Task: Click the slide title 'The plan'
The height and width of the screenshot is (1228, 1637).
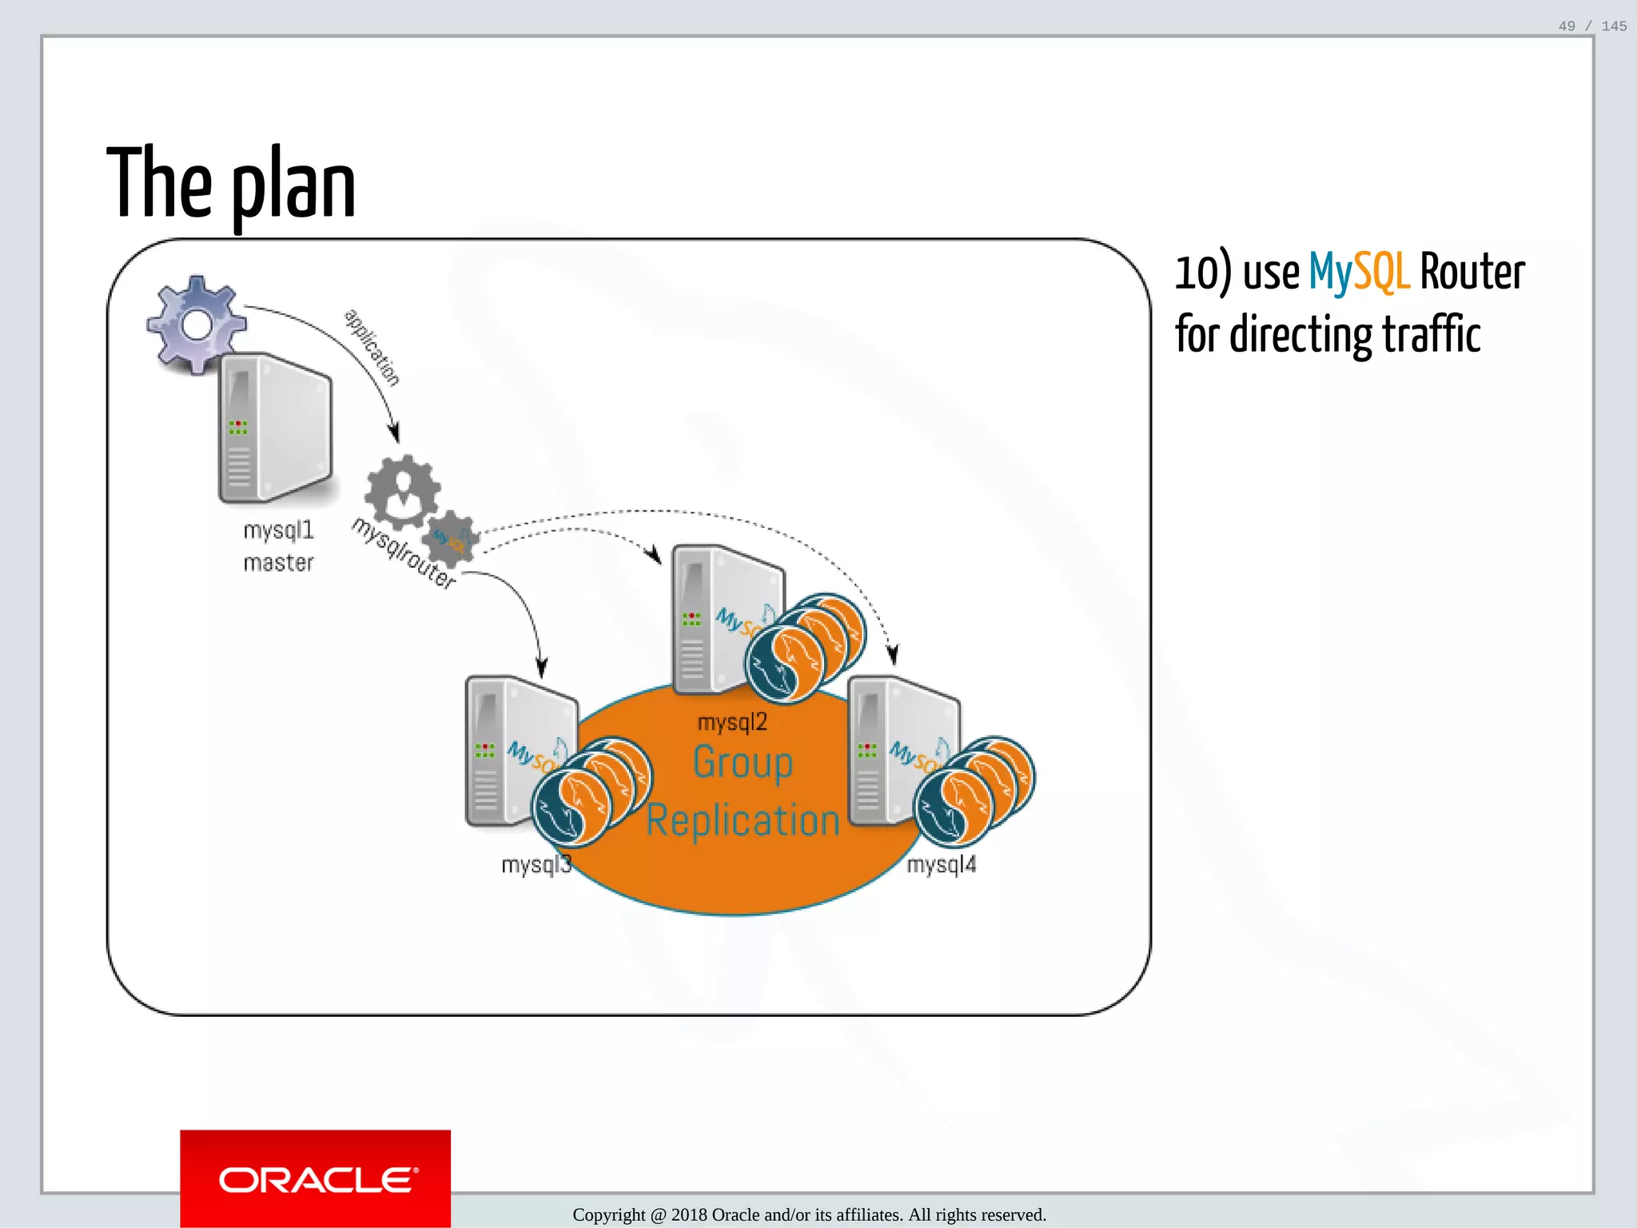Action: [231, 184]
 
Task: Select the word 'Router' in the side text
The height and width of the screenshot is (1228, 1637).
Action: [1472, 272]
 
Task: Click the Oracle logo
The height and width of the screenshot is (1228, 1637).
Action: [316, 1179]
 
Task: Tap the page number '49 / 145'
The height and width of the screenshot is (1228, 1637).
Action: [1591, 26]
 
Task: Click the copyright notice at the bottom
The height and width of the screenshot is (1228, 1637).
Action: [809, 1214]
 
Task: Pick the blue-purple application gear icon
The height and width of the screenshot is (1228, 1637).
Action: [196, 324]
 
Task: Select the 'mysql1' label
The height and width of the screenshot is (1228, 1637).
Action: [278, 530]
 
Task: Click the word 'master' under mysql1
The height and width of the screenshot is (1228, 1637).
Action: [278, 563]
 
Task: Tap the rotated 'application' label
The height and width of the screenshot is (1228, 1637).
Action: [372, 346]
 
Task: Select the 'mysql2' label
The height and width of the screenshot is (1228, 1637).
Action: [732, 723]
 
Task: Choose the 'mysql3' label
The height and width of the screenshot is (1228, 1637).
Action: [536, 864]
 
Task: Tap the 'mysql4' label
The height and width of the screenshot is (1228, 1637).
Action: [942, 864]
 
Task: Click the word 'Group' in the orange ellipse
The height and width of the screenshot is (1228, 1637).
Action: [743, 762]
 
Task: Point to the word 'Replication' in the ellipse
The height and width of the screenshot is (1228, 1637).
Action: [743, 821]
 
